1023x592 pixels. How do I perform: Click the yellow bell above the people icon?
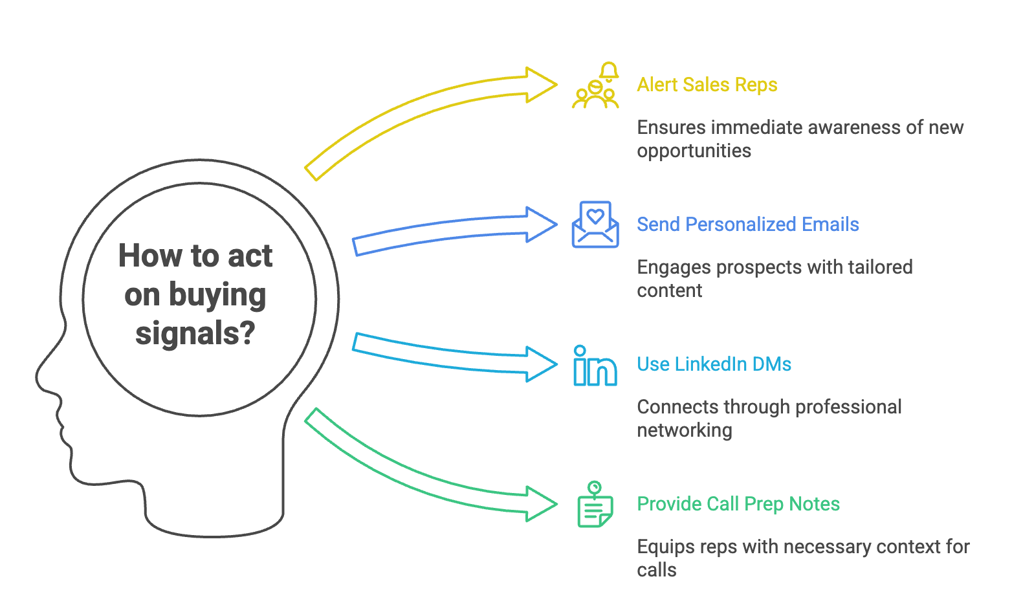tap(608, 71)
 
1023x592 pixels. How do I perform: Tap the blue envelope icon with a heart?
tap(595, 225)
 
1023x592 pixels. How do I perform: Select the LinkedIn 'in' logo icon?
tap(595, 366)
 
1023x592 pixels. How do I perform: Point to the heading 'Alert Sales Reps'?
tap(707, 85)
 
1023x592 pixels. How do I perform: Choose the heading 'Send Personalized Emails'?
tap(747, 225)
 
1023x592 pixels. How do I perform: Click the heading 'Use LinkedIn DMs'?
tap(714, 364)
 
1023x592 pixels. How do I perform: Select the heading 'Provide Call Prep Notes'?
tap(738, 504)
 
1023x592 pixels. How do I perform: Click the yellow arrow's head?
tap(541, 85)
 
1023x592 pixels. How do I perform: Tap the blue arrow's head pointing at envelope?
tap(541, 225)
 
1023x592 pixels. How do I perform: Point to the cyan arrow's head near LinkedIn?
tap(541, 364)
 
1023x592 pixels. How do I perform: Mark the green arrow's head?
tap(541, 504)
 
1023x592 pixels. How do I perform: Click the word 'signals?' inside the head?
tap(195, 334)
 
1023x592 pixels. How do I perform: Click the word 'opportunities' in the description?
tap(694, 151)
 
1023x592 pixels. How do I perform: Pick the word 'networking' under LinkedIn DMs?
tap(684, 430)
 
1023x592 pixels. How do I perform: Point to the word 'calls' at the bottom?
tap(656, 570)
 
